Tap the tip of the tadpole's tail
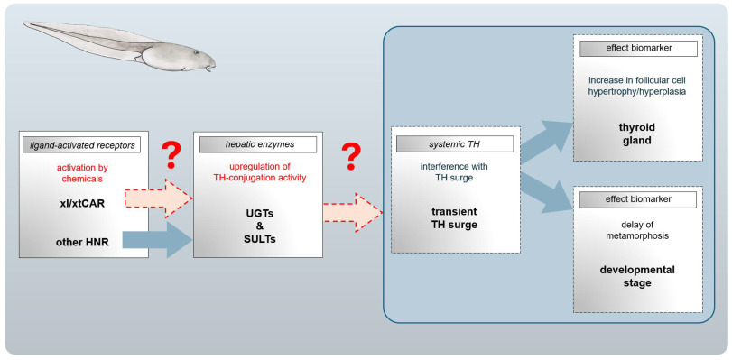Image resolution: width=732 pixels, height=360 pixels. (x=23, y=23)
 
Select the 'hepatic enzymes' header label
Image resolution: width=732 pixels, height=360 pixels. (x=258, y=144)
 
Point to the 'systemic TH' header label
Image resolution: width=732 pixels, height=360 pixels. (x=455, y=143)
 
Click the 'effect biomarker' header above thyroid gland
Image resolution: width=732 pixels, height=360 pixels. (x=638, y=49)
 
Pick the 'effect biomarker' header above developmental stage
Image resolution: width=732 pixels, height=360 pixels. (x=638, y=199)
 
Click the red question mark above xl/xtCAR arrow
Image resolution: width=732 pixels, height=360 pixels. (x=171, y=155)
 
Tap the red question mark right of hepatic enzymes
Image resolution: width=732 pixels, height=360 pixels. (x=351, y=156)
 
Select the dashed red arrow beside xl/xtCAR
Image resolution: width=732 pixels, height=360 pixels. (x=159, y=198)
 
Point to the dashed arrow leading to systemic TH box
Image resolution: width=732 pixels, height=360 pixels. (x=353, y=212)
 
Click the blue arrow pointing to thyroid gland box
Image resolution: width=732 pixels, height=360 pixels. (x=545, y=142)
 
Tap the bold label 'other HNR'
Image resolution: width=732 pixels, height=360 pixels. (x=83, y=243)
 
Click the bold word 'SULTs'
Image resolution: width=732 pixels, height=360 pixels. (x=260, y=239)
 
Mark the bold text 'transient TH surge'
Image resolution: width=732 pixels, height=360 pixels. (x=454, y=218)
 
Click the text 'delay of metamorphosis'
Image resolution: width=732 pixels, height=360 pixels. (x=638, y=230)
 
